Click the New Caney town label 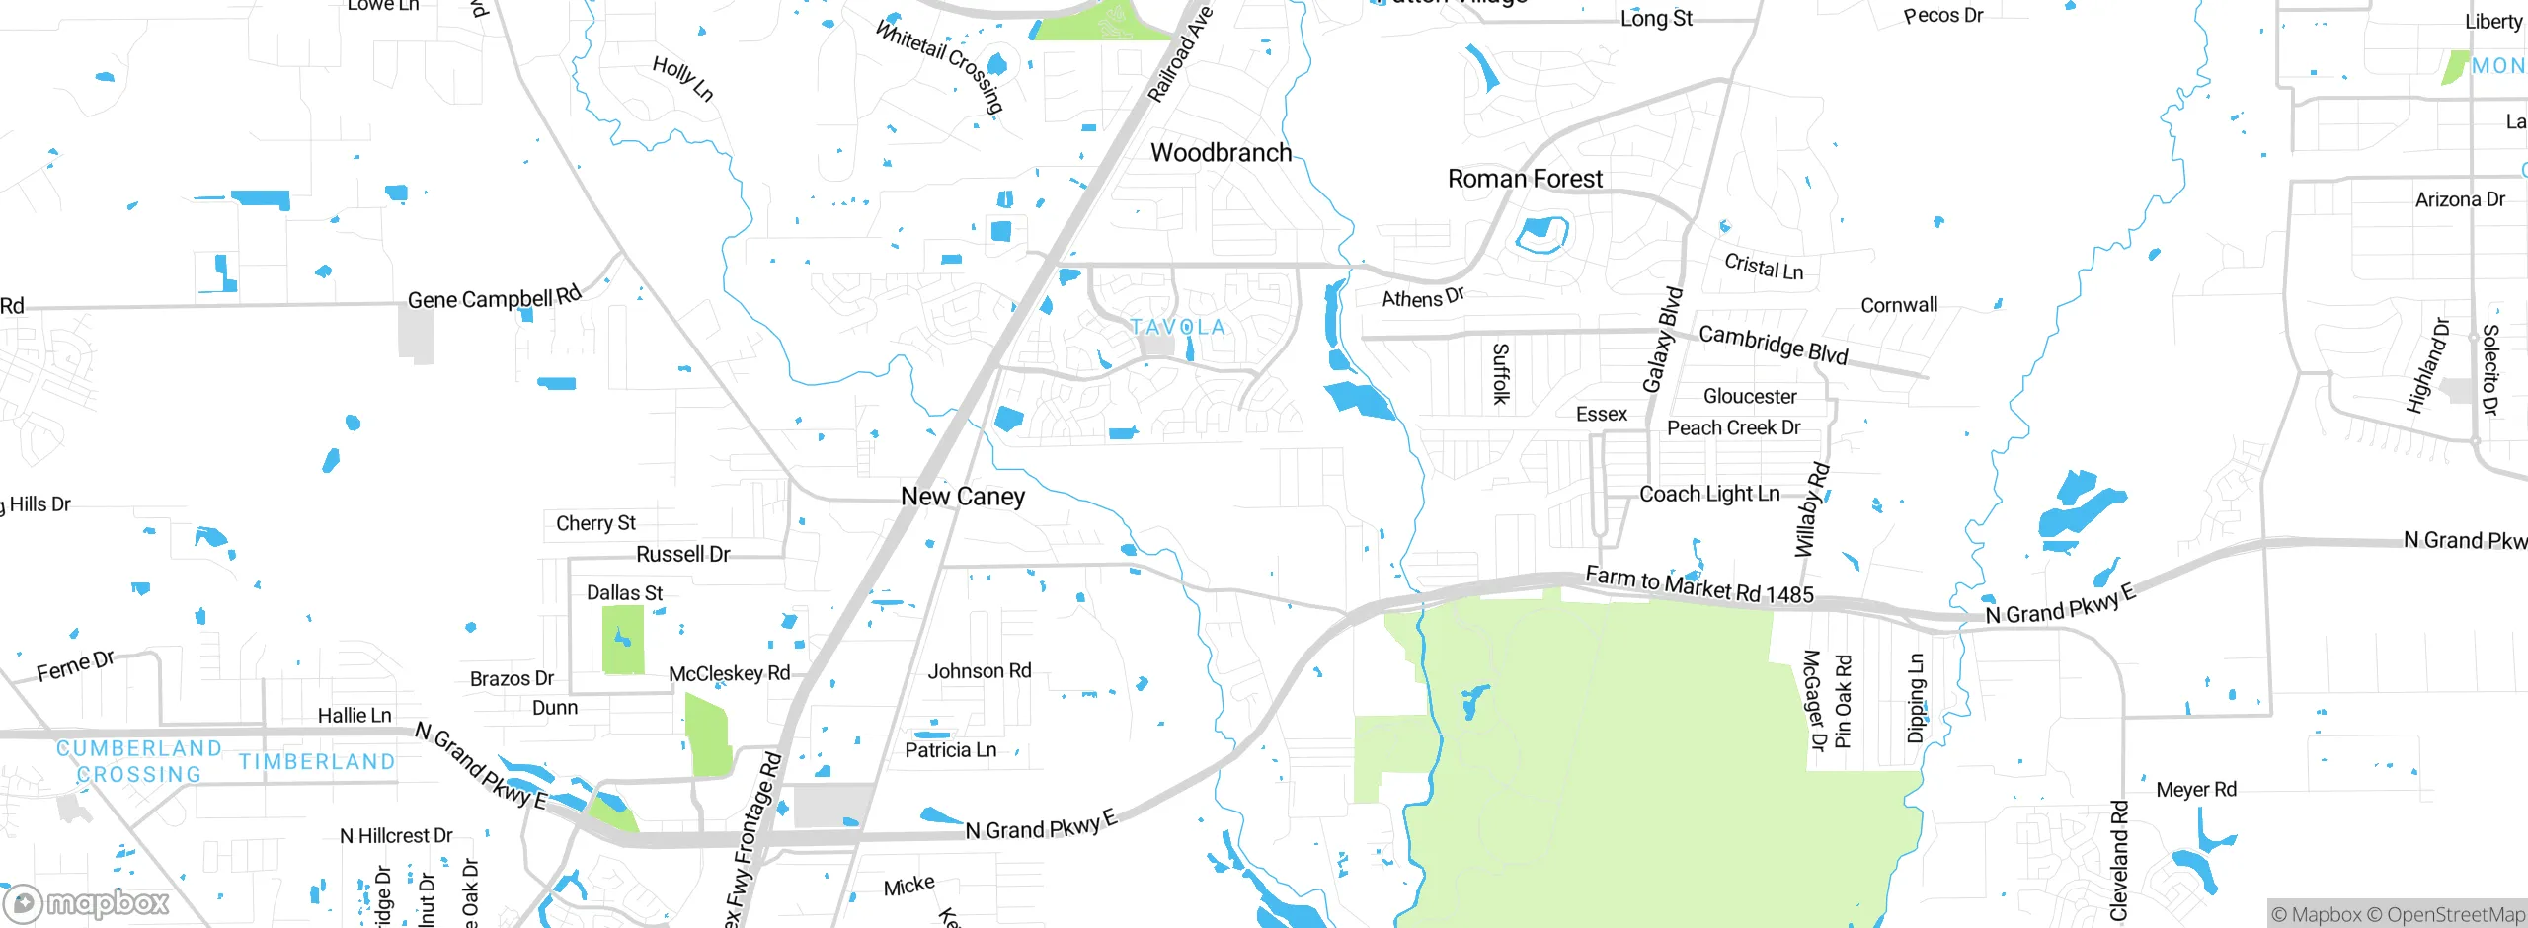pos(963,497)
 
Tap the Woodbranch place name pos(1221,153)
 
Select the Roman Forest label pos(1525,179)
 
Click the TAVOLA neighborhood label pos(1177,327)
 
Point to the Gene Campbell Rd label pos(495,297)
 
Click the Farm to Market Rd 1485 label pos(1698,584)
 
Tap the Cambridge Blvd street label pos(1773,345)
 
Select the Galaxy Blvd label pos(1662,340)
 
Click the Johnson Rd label pos(979,671)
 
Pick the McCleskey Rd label pos(729,673)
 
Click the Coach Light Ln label pos(1709,494)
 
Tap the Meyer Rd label pos(2196,790)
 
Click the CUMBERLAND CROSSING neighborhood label pos(138,761)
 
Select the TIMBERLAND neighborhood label pos(317,762)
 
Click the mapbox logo pos(87,902)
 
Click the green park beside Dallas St pos(623,640)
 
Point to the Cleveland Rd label pos(2119,861)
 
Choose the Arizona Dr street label pos(2460,199)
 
